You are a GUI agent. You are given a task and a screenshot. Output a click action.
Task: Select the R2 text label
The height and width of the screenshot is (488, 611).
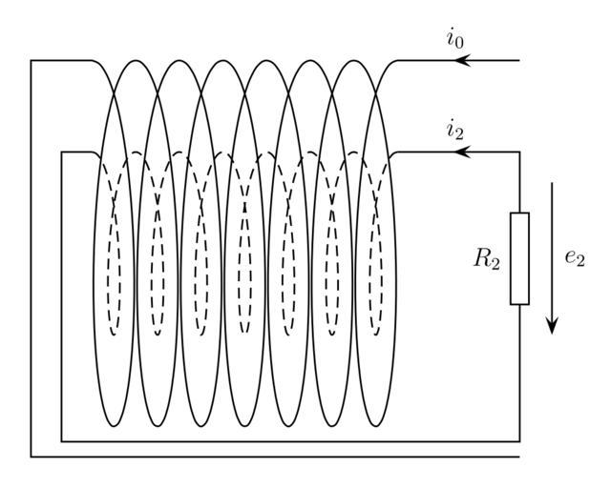tap(487, 259)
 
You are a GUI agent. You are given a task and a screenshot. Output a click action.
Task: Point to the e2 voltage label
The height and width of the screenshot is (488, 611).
tap(574, 258)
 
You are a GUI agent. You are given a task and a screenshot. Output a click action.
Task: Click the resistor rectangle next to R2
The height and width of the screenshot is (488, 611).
tap(519, 258)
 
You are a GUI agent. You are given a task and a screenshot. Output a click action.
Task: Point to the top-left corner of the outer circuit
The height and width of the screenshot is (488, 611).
tap(32, 61)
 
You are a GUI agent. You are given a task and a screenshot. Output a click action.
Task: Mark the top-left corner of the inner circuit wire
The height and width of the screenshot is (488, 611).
tap(62, 152)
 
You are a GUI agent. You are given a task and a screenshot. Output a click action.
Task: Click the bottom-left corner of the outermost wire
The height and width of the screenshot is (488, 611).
tap(32, 457)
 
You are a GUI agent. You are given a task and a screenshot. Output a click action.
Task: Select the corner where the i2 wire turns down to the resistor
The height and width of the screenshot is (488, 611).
tap(519, 152)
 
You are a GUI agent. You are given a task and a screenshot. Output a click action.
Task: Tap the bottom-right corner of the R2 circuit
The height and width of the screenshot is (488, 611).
tap(519, 441)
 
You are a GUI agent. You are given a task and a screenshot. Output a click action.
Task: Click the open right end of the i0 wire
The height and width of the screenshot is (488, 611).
tap(518, 61)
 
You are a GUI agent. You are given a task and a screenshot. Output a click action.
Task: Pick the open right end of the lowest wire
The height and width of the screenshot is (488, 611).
tap(518, 457)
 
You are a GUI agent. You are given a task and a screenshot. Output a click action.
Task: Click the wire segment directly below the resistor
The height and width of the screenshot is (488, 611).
tap(519, 372)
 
